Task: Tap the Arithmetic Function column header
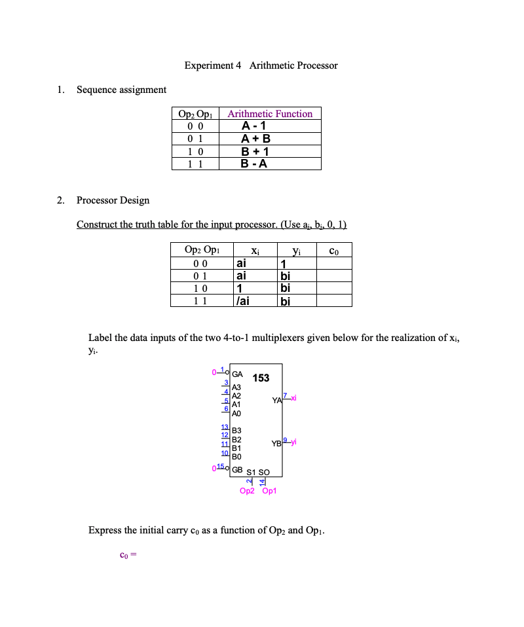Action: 270,114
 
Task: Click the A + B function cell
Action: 255,139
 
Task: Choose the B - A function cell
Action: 254,164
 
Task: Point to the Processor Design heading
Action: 113,200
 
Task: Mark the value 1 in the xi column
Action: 240,288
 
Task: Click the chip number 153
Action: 261,378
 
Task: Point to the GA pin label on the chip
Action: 237,375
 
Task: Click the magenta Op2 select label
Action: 248,491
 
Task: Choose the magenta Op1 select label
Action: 269,491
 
